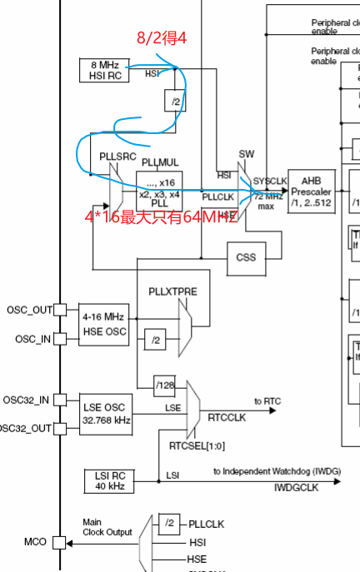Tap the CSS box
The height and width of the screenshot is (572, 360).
point(246,257)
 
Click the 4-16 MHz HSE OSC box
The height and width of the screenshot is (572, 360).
point(103,323)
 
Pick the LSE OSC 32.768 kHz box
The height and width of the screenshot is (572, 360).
point(103,413)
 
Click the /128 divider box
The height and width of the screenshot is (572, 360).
point(165,385)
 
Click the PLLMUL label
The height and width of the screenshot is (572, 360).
point(160,162)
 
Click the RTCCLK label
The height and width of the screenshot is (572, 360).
point(224,415)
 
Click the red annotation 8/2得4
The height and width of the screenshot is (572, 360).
point(162,37)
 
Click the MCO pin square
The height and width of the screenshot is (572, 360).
point(59,542)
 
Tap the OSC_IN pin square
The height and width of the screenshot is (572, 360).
point(59,339)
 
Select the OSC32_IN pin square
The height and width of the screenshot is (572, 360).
point(59,400)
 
